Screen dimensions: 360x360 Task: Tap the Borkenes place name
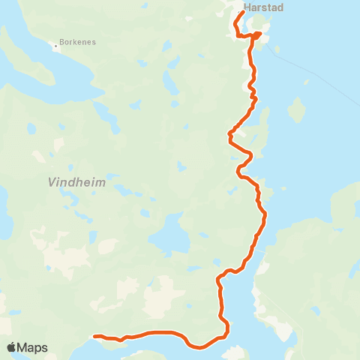click(79, 43)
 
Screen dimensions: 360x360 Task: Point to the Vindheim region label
click(76, 182)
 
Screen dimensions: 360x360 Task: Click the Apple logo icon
click(11, 347)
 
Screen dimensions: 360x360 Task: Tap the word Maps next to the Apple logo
click(33, 347)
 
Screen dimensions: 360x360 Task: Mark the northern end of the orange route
click(242, 13)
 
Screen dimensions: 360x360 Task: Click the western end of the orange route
click(95, 337)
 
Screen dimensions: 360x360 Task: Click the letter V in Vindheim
click(52, 182)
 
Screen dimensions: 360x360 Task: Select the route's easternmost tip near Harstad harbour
click(259, 34)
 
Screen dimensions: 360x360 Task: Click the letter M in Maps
click(24, 347)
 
